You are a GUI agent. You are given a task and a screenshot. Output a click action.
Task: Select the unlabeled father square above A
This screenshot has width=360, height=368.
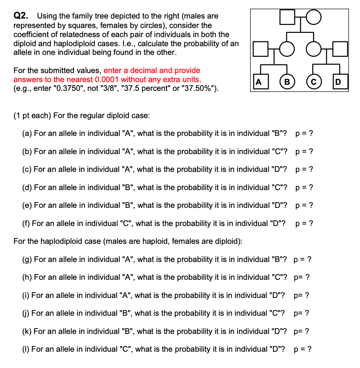pyautogui.click(x=259, y=49)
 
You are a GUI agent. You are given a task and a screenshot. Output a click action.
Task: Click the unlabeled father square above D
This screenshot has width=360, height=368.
pyautogui.click(x=341, y=49)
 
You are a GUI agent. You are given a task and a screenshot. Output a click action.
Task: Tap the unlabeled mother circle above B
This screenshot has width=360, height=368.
pyautogui.click(x=287, y=49)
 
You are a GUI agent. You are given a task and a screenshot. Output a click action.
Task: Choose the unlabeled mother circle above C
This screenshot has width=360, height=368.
pyautogui.click(x=314, y=49)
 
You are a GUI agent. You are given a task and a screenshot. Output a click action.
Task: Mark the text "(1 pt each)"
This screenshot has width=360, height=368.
pyautogui.click(x=32, y=115)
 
